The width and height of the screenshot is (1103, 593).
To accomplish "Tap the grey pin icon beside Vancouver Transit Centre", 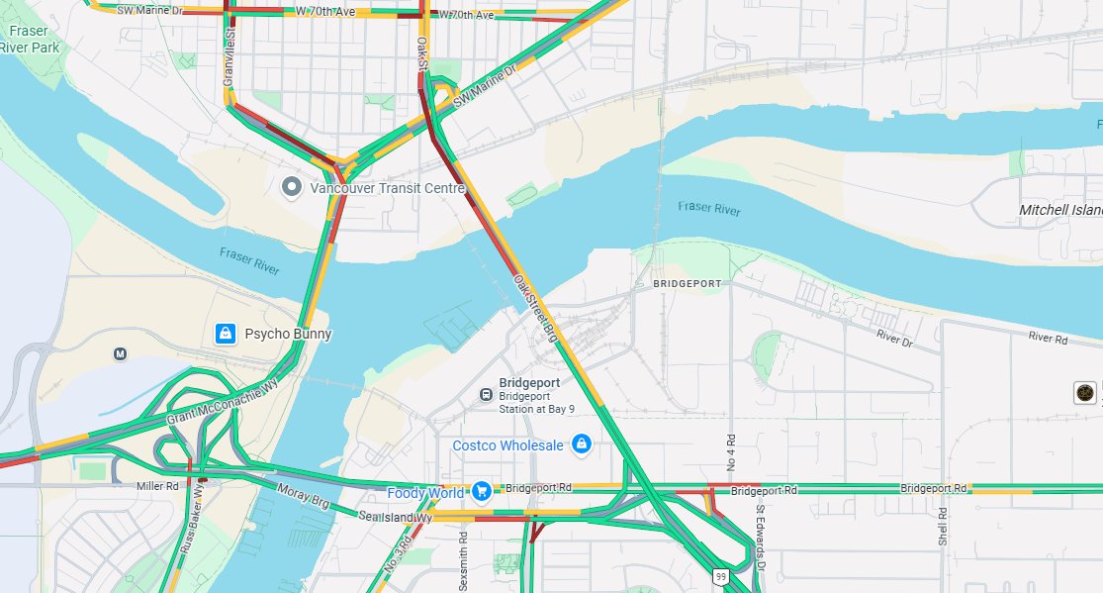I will [291, 186].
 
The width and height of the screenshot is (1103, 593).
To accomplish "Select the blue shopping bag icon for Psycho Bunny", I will [226, 334].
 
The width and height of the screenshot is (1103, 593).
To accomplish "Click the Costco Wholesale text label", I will [507, 445].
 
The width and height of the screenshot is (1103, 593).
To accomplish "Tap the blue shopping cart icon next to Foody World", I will [482, 491].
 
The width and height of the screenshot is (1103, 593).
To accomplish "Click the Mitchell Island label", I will [1060, 210].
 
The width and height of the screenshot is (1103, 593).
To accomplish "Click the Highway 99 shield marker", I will [719, 576].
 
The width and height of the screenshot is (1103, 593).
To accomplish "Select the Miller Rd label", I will [157, 486].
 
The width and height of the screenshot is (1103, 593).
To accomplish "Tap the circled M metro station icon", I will [121, 353].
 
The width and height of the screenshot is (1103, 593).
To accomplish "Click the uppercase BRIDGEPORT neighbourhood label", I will [689, 283].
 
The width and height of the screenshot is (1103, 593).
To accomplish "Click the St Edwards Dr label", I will [761, 538].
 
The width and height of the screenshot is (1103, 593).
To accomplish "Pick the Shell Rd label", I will [943, 527].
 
